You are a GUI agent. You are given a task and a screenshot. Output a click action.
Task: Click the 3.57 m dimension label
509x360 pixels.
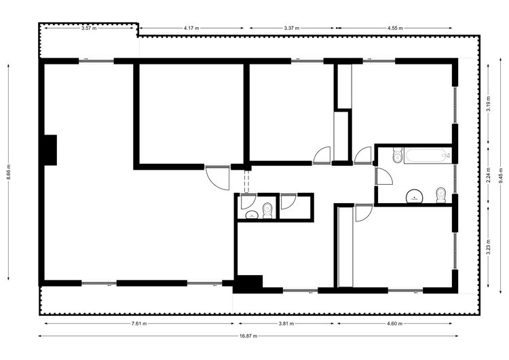tap(89, 29)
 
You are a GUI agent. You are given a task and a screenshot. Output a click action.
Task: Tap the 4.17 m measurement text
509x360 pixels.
tap(191, 29)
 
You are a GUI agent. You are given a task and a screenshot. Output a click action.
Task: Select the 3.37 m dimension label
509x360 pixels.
tap(291, 29)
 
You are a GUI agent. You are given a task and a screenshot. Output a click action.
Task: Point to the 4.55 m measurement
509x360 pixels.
tap(395, 29)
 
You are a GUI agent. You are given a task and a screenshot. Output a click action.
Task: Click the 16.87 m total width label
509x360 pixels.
tap(248, 336)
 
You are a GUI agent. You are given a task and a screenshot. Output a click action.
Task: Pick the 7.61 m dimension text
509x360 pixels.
tap(139, 323)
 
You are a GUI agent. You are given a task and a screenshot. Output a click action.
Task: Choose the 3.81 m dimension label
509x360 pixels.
tap(286, 323)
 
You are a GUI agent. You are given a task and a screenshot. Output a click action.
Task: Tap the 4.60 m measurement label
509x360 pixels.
tap(395, 323)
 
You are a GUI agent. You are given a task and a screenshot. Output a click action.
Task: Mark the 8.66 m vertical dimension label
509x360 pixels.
tap(9, 172)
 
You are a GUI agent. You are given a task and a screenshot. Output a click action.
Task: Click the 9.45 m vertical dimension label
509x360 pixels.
tap(502, 176)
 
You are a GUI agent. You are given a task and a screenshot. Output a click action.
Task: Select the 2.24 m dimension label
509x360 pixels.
tap(489, 175)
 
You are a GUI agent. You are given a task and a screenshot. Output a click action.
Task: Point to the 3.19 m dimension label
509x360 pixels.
tap(489, 104)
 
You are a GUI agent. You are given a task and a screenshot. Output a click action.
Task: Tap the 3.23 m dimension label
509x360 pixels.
tap(489, 247)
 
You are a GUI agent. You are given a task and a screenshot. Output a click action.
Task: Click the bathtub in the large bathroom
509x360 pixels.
tap(428, 156)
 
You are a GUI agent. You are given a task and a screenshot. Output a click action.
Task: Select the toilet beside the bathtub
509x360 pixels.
tap(397, 155)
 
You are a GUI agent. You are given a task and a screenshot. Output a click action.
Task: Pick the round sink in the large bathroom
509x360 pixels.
tap(415, 196)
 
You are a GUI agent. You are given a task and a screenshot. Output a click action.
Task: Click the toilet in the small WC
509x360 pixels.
tap(267, 211)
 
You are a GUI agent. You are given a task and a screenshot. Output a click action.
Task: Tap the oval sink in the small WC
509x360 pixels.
tap(252, 215)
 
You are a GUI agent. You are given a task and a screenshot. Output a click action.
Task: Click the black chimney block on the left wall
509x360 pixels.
tap(50, 150)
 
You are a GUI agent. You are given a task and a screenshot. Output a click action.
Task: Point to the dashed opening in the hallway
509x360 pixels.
tap(247, 181)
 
